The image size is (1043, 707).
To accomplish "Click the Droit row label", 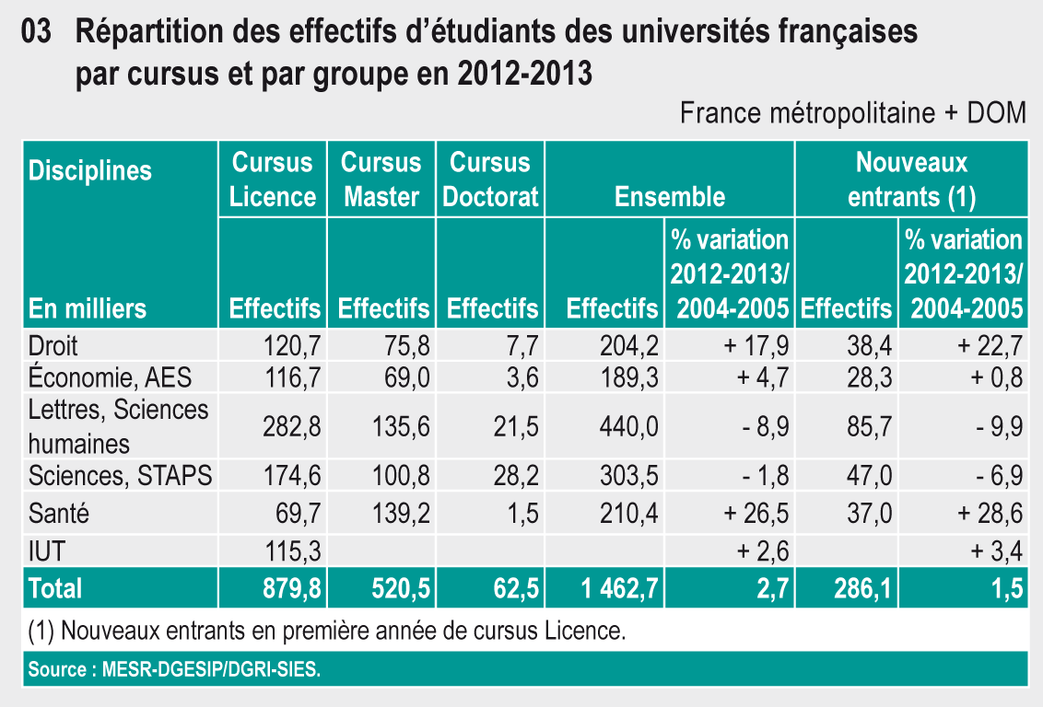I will point(53,345).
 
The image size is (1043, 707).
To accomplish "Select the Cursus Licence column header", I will point(273,180).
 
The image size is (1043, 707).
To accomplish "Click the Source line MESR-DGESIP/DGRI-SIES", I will point(174,669).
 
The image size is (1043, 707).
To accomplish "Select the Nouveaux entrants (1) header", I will point(911,180).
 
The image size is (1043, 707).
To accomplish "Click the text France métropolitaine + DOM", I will point(852,113).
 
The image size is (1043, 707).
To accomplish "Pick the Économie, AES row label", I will point(110,376).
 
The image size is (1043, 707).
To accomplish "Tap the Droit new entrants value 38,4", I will point(868,345).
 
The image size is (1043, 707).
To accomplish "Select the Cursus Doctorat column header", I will point(490,180).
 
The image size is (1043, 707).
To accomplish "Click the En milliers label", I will point(88,307).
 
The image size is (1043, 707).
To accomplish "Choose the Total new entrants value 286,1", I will point(861,587).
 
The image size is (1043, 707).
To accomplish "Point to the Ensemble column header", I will point(670,196).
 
